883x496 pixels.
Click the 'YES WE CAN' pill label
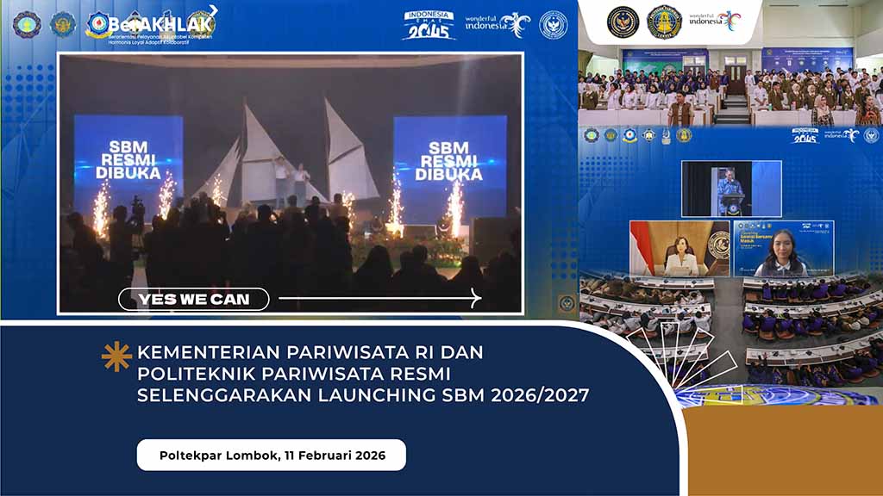point(194,300)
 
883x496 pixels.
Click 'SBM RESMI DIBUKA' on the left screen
point(127,158)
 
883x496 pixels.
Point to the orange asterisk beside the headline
point(116,356)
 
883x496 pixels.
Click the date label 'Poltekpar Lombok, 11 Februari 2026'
point(272,454)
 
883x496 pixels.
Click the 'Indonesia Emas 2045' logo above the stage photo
point(429,25)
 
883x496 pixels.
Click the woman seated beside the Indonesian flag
point(680,258)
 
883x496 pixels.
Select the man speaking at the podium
point(730,190)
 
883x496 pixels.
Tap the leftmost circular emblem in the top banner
point(26,23)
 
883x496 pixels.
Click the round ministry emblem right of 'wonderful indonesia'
point(553,24)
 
